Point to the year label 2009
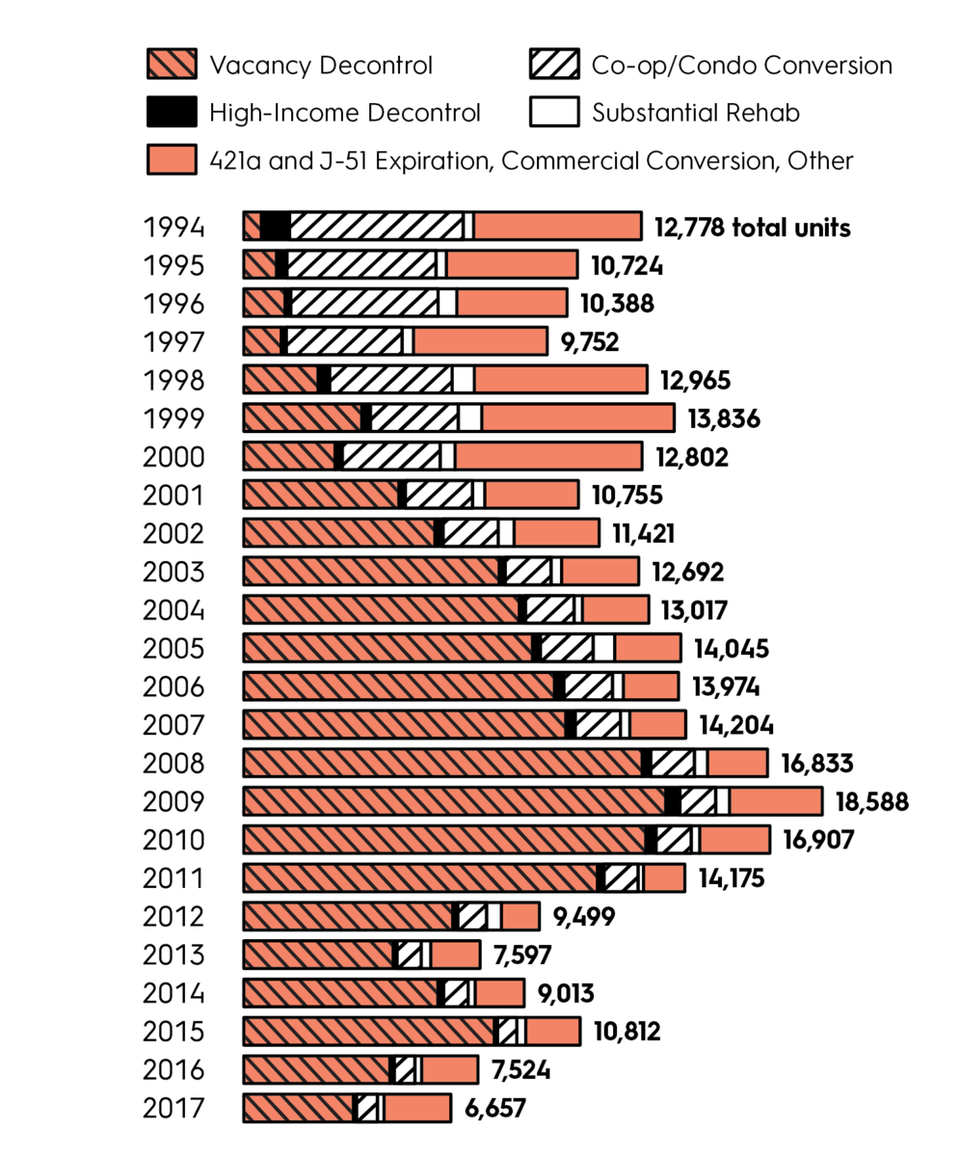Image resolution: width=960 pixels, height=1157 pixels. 173,802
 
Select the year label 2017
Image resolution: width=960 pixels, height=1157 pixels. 173,1109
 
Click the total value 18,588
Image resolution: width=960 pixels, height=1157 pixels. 872,802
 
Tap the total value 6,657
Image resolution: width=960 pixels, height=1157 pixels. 494,1109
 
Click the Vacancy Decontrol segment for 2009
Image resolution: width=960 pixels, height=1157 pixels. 453,801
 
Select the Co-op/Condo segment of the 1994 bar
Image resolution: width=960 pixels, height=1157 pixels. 376,227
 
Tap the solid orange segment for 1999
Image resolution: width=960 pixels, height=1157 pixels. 576,417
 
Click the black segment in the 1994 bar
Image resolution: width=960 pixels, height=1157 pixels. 276,227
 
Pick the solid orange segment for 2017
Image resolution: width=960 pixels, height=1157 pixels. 416,1108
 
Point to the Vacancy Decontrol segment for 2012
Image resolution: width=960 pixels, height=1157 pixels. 347,916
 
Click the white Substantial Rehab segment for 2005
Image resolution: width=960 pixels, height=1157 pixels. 604,648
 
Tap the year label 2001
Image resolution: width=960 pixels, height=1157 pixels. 173,496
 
